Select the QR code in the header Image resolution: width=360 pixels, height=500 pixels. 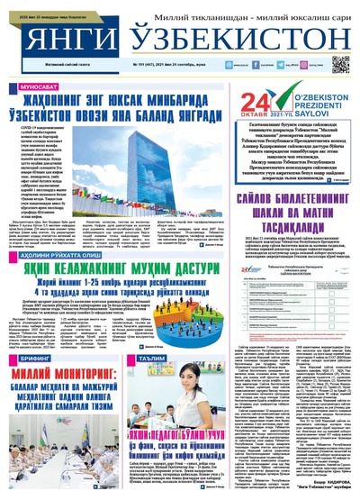pos(340,63)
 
